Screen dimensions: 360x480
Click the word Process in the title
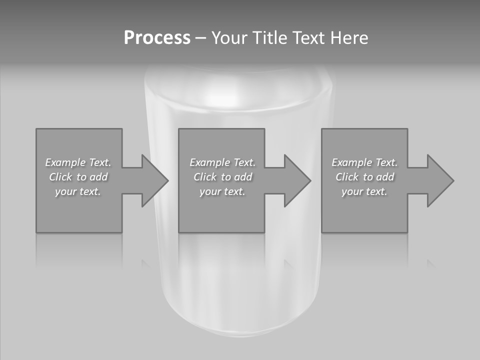pos(157,38)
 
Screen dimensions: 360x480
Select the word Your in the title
pos(229,38)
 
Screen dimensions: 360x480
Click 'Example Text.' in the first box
pos(78,162)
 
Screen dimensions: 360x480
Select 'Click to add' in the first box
pos(78,177)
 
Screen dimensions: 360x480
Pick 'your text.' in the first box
pos(78,191)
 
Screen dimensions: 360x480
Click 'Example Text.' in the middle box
pos(222,162)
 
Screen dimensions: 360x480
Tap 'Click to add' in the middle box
pos(222,177)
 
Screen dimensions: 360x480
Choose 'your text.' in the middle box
pos(222,191)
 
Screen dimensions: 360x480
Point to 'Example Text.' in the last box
pos(364,162)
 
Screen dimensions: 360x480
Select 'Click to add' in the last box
pos(364,177)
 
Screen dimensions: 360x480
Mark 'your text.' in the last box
pos(364,191)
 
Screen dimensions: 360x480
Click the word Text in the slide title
pos(308,38)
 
